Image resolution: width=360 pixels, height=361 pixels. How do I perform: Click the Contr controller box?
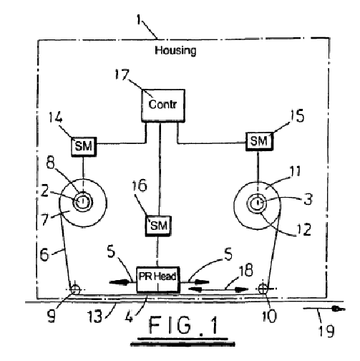pos(163,105)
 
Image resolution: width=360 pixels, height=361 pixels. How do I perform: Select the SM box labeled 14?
pos(84,147)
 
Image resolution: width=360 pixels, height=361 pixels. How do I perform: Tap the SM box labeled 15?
pos(259,141)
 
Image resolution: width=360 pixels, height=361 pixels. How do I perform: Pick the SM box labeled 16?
pos(158,226)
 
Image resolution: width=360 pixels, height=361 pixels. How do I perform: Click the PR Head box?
pos(157,279)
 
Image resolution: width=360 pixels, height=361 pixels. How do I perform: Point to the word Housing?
pos(175,51)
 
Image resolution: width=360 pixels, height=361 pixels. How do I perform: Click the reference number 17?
pos(122,74)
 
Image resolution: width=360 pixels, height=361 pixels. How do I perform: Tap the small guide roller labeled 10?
pos(263,289)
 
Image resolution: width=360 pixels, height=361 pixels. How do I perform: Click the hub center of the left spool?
pos(82,202)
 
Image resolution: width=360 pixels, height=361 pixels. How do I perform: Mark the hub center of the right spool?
pos(258,203)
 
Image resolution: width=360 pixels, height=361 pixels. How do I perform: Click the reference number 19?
pos(327,331)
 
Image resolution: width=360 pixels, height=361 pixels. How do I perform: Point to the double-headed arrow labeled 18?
pos(218,289)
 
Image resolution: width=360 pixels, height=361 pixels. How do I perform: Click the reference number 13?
pos(95,317)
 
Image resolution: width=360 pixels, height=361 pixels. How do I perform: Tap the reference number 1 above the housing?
pos(139,19)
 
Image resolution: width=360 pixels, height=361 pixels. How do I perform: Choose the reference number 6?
pos(44,254)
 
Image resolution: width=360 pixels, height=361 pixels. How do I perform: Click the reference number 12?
pos(304,230)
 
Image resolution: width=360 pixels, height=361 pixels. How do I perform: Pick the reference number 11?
pos(296,171)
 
